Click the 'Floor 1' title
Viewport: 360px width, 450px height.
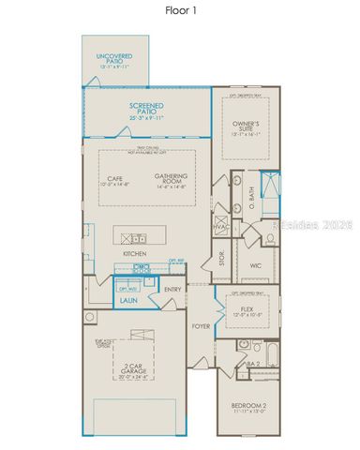tap(180, 11)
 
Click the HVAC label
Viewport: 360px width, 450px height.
tap(221, 227)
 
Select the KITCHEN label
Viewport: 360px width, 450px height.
tap(134, 254)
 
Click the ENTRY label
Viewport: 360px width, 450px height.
tap(172, 290)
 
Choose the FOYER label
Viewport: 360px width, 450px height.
tap(201, 326)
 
